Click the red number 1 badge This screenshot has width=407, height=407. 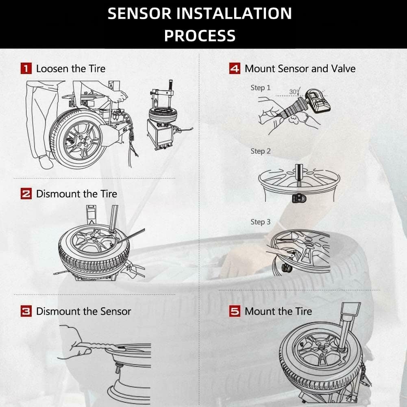coord(26,68)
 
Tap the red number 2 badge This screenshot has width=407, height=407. coord(26,194)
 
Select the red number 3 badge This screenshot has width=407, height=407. coord(26,311)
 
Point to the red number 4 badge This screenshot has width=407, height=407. coord(235,68)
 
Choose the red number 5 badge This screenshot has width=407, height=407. coord(235,311)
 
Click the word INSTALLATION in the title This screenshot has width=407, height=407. coord(234,13)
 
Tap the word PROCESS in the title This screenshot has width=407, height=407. coord(200,35)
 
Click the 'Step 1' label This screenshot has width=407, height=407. coord(260,88)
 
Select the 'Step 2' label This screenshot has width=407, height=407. coord(260,151)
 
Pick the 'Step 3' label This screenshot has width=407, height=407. coord(260,222)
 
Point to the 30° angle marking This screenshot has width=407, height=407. coord(294,91)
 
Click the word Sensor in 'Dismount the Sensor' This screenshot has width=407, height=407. coord(115,311)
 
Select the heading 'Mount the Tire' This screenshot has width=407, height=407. coord(278,311)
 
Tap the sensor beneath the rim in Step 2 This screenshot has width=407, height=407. coord(299,198)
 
